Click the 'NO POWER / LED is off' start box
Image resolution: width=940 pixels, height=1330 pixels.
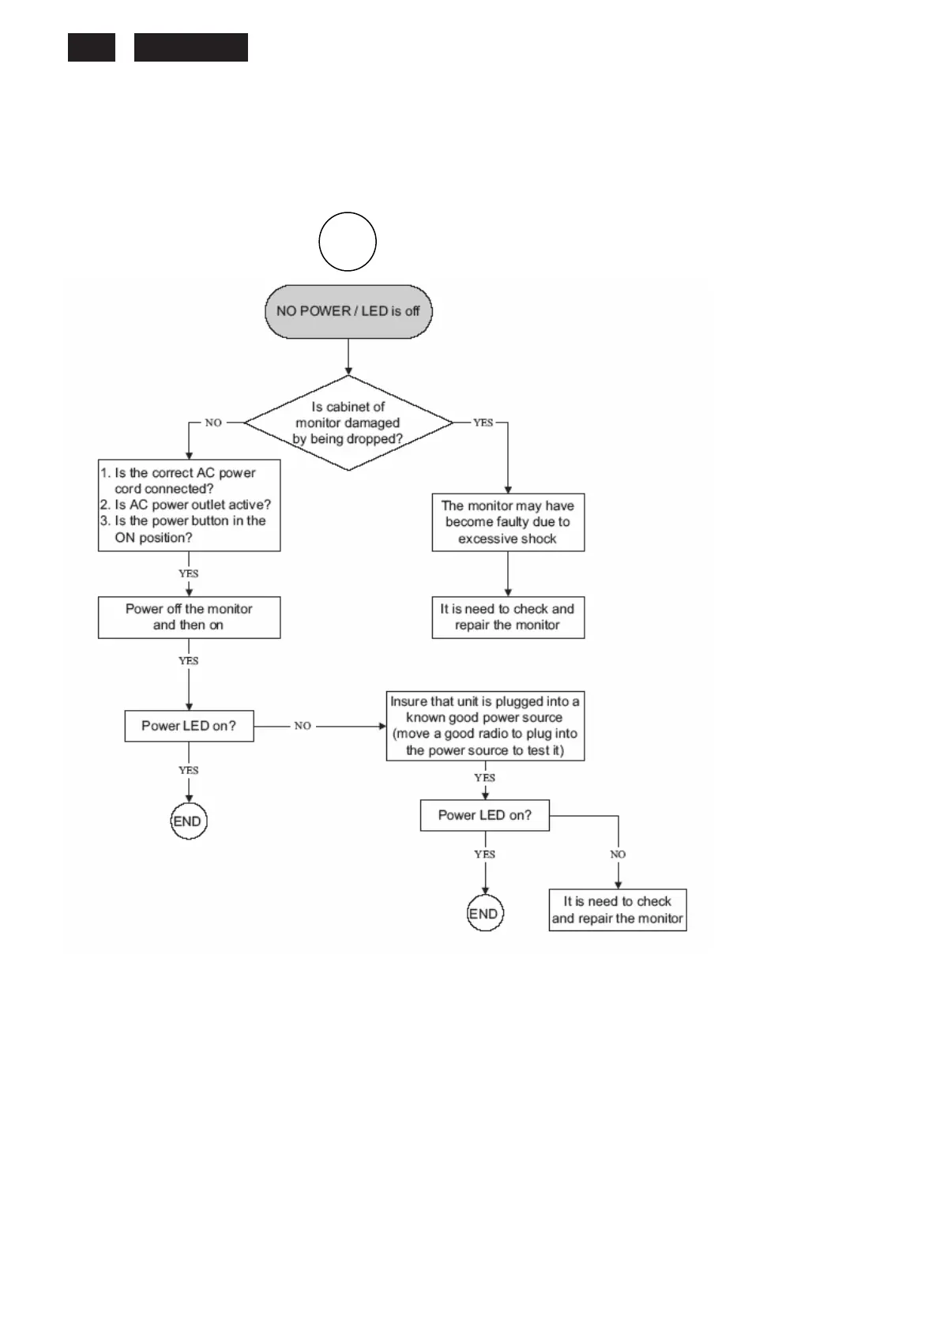[348, 312]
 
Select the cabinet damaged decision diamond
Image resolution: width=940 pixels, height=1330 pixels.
[348, 423]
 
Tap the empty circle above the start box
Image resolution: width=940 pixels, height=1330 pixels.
[348, 242]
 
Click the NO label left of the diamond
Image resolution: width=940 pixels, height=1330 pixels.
[213, 423]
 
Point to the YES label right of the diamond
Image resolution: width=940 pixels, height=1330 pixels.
[483, 423]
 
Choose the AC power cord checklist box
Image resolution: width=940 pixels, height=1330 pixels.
[189, 505]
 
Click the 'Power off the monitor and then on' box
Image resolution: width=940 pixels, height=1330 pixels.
[189, 618]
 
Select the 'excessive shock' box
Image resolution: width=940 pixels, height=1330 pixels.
[508, 522]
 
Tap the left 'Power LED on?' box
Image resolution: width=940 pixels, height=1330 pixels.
[189, 726]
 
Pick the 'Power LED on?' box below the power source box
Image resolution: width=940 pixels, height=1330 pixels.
[484, 816]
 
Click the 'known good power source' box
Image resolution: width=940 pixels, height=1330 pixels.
[485, 726]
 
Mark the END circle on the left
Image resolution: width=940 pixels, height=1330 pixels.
[188, 822]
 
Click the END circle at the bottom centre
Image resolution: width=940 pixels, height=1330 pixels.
[484, 915]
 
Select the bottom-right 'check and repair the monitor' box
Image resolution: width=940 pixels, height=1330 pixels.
[618, 911]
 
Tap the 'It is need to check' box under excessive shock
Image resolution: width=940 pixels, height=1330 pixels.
[508, 618]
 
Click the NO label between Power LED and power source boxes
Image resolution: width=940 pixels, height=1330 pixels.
[303, 726]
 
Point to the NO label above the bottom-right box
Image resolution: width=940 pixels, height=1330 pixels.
[618, 855]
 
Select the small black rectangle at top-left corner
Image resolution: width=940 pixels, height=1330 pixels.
[92, 47]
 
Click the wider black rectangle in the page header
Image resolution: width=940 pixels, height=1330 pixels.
[190, 47]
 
